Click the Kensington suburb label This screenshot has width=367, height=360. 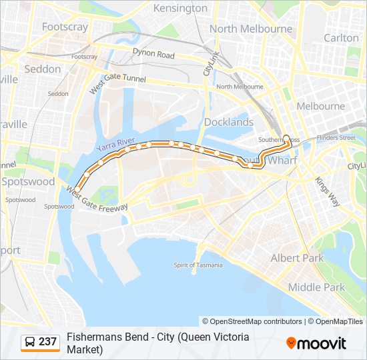tap(180, 8)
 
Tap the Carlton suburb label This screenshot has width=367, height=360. tap(341, 38)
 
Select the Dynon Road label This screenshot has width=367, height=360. tap(153, 55)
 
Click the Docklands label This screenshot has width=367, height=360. tap(229, 122)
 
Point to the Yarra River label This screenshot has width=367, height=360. tap(115, 145)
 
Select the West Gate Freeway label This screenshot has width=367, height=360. tap(97, 199)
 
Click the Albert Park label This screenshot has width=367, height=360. tap(297, 258)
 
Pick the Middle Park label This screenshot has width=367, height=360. tap(316, 287)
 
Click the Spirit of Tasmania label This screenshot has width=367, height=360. tap(198, 265)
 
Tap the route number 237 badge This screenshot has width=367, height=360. tap(47, 342)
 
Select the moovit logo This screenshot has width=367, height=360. tap(316, 343)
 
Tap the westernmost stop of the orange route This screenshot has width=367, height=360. tap(77, 189)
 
